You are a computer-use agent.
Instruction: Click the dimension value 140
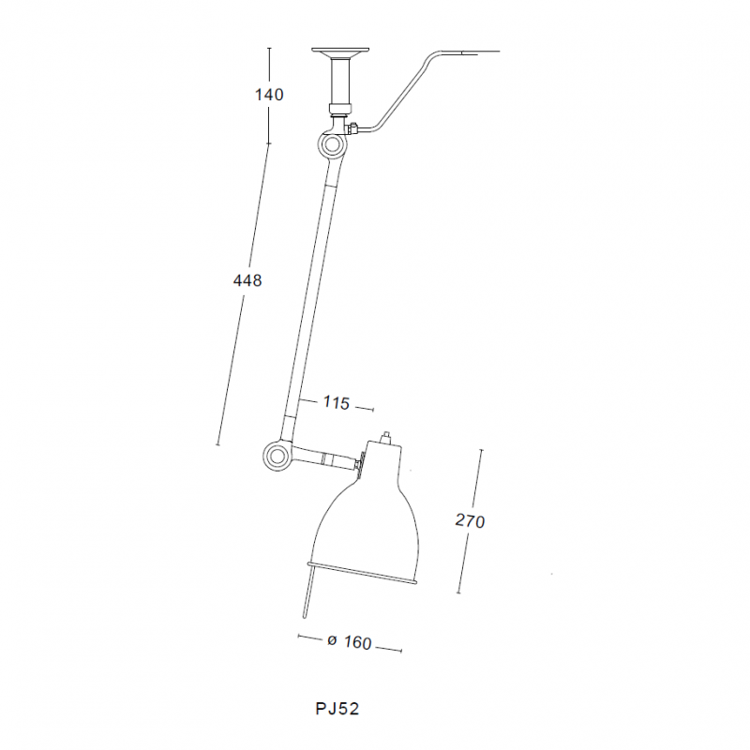[268, 94]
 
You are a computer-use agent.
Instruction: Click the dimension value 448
[247, 279]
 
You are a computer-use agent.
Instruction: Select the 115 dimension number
[336, 403]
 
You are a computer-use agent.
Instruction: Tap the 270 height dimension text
[470, 521]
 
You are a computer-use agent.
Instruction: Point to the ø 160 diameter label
[349, 642]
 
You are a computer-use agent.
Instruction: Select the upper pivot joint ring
[331, 146]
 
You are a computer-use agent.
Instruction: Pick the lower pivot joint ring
[276, 456]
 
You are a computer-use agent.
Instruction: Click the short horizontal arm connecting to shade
[323, 459]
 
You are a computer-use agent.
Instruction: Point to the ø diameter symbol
[332, 642]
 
